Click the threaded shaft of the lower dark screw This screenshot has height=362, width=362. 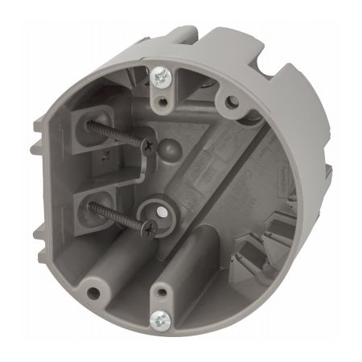[x=117, y=216]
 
